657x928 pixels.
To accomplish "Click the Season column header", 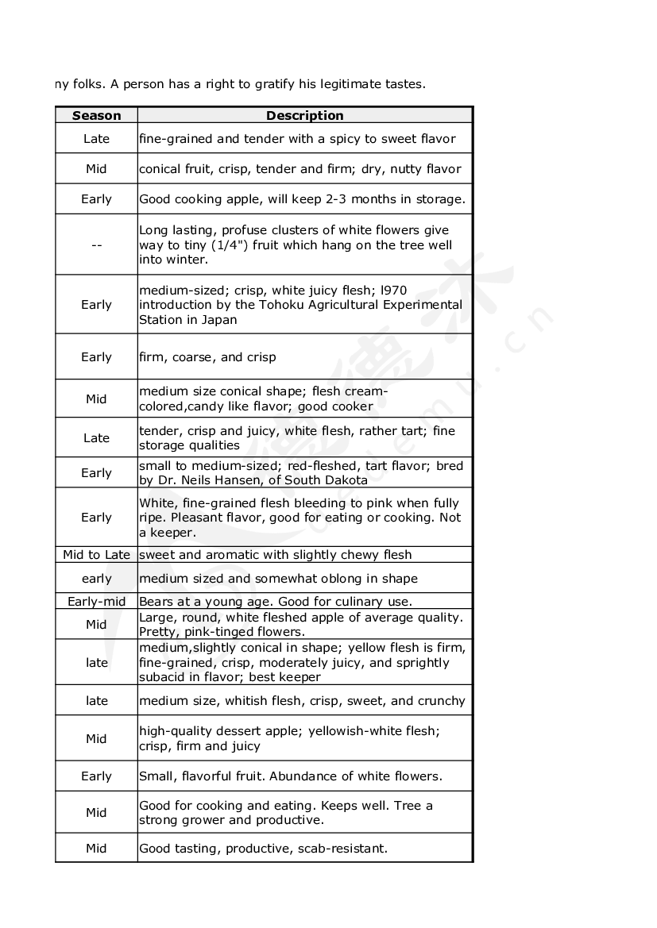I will tap(96, 116).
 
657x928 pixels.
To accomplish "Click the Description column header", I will tap(305, 116).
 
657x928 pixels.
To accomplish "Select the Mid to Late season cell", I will tap(96, 555).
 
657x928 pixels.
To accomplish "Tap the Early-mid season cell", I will tap(96, 602).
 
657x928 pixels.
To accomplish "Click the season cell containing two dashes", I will tap(96, 245).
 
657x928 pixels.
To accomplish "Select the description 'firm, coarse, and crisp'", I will tap(207, 357).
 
